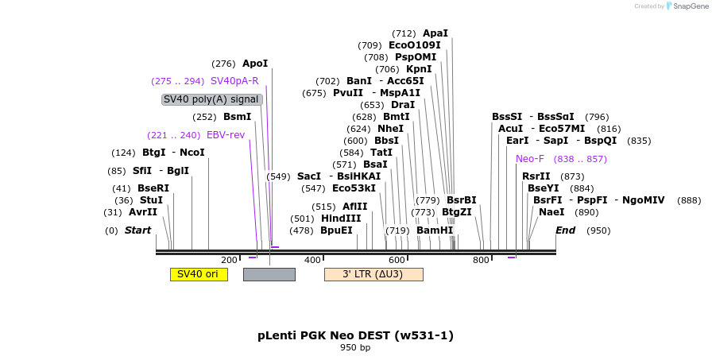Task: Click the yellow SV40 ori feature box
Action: coord(198,274)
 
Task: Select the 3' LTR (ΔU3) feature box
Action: coord(373,274)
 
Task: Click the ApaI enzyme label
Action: coord(435,33)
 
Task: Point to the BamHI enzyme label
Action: coord(435,230)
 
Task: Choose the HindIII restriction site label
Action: coord(341,219)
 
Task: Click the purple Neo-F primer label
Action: coord(530,159)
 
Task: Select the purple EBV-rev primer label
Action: coord(226,135)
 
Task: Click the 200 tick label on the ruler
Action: coord(229,260)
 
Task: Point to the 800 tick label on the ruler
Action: coord(481,260)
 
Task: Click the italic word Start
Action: coord(137,230)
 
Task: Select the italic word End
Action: coord(566,230)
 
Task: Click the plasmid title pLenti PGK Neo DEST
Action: coord(355,335)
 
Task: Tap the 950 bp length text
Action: coord(355,347)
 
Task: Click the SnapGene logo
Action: coord(687,6)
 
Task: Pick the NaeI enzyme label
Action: coord(551,212)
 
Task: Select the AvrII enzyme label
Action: coord(143,212)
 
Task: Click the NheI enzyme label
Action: coord(391,129)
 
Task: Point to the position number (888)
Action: coord(689,200)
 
